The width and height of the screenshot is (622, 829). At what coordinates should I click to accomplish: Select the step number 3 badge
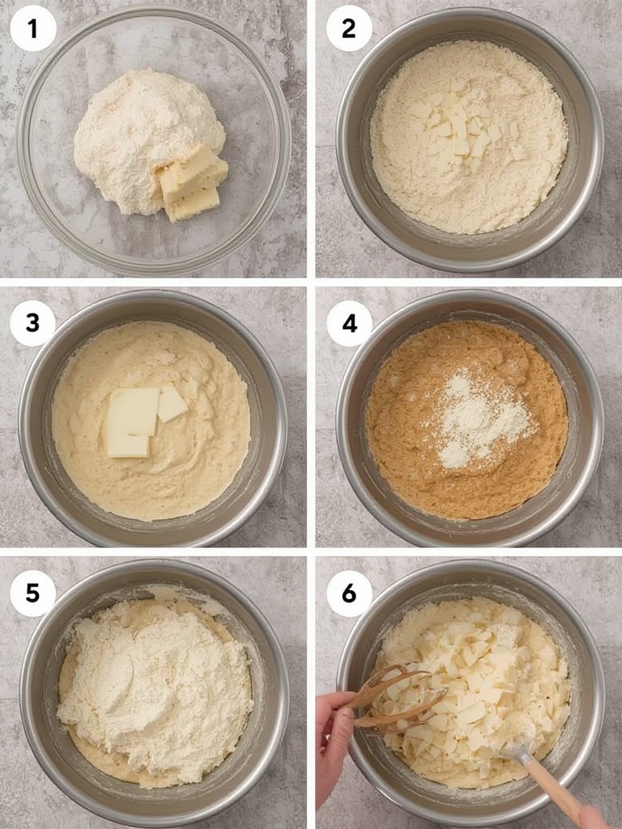pyautogui.click(x=33, y=323)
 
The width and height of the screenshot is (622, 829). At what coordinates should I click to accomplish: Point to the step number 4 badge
pyautogui.click(x=349, y=323)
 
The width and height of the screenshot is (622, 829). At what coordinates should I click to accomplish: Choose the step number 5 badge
pyautogui.click(x=33, y=593)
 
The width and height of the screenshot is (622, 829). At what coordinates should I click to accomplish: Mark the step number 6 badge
pyautogui.click(x=349, y=593)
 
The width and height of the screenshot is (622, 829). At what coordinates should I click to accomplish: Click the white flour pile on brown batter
pyautogui.click(x=478, y=417)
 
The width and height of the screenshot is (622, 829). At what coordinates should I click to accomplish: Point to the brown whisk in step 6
pyautogui.click(x=397, y=700)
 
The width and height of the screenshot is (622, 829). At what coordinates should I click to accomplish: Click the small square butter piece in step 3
pyautogui.click(x=172, y=403)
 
